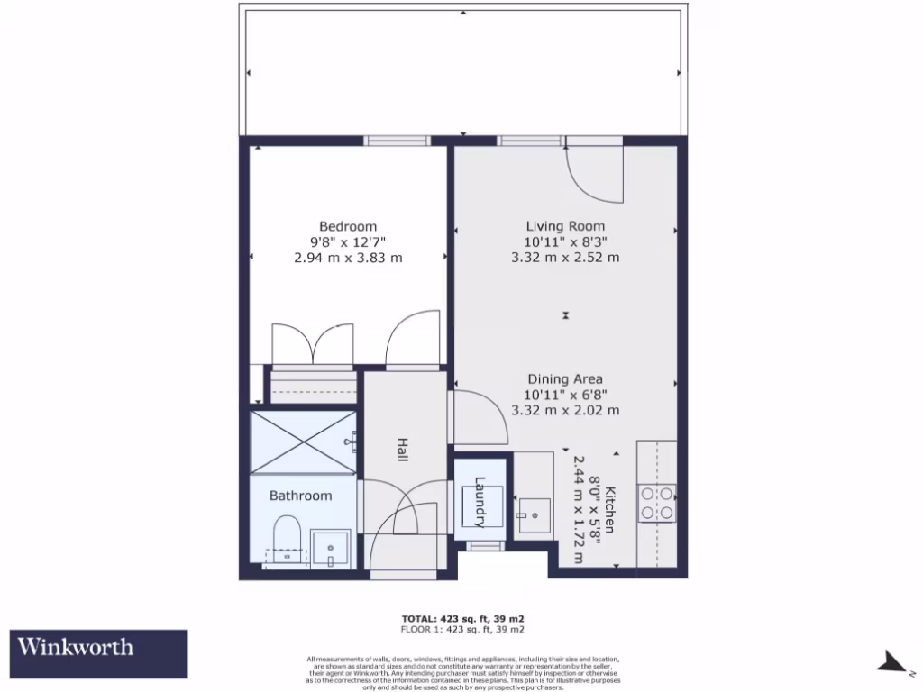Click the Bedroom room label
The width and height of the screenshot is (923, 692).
click(348, 226)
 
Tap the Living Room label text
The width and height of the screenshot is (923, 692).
click(565, 226)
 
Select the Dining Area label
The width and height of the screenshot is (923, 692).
click(565, 379)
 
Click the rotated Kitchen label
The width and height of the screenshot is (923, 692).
click(610, 509)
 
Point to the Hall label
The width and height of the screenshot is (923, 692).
click(402, 451)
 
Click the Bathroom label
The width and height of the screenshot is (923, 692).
click(300, 496)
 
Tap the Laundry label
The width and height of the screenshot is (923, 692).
click(480, 502)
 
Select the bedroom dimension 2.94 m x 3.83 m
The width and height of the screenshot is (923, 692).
click(348, 258)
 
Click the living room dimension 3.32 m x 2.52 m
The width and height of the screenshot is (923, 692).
click(565, 258)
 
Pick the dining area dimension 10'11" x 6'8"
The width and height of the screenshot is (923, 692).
click(565, 395)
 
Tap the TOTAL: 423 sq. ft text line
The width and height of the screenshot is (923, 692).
click(461, 618)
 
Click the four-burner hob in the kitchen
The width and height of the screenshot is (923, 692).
click(657, 503)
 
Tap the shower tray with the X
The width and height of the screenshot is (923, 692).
click(303, 441)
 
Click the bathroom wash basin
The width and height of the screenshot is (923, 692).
click(331, 546)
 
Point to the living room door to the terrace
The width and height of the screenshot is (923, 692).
click(595, 171)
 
